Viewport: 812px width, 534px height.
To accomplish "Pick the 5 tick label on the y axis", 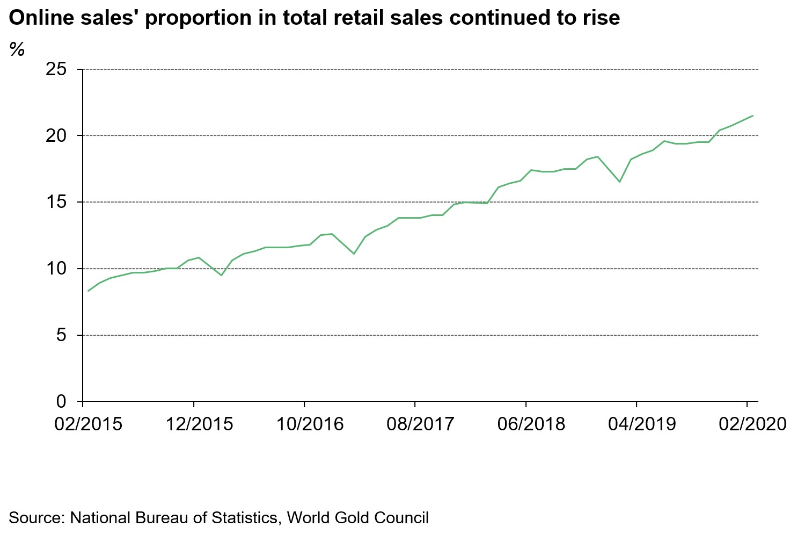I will pyautogui.click(x=61, y=335).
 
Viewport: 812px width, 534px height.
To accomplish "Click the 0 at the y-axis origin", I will pyautogui.click(x=61, y=401).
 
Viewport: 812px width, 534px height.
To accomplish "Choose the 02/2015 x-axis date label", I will pyautogui.click(x=89, y=424).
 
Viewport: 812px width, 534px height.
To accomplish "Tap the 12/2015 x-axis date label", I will pyautogui.click(x=199, y=424).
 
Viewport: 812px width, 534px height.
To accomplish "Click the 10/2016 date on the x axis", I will pyautogui.click(x=310, y=424).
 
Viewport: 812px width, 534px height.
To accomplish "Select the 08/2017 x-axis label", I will pyautogui.click(x=420, y=424).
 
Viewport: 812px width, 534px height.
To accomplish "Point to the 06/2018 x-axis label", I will pyautogui.click(x=531, y=424).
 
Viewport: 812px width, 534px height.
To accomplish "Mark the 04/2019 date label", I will pyautogui.click(x=642, y=424).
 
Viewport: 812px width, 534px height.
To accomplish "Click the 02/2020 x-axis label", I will pyautogui.click(x=752, y=424).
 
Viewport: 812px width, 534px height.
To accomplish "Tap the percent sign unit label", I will pyautogui.click(x=17, y=49).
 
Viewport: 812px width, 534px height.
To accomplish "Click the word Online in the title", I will pyautogui.click(x=39, y=18).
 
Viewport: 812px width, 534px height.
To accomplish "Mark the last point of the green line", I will pyautogui.click(x=753, y=116).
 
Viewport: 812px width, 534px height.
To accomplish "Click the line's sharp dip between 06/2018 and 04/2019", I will pyautogui.click(x=619, y=182).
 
